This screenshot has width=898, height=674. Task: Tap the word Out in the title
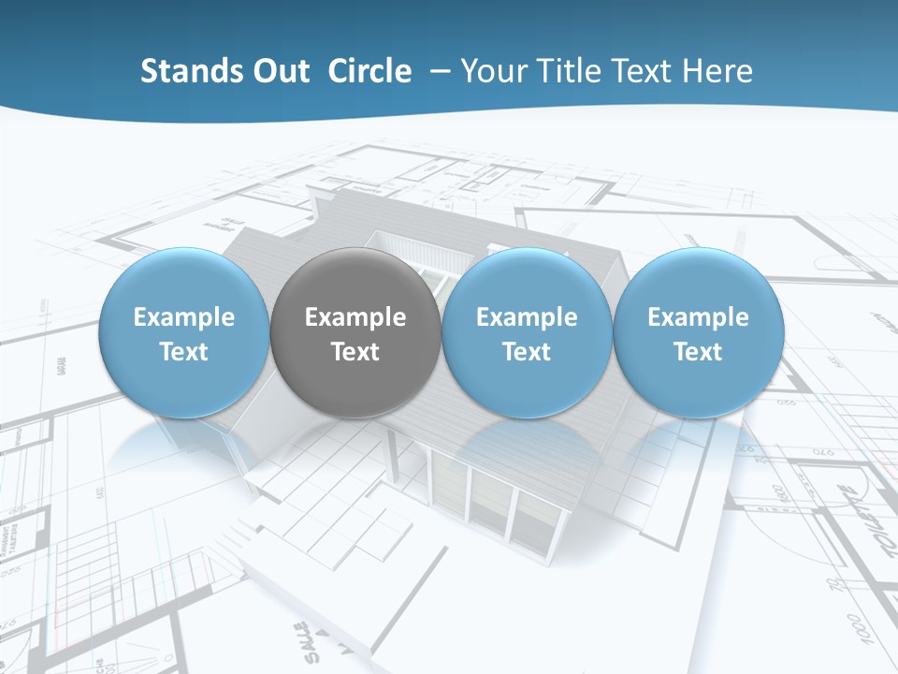[278, 71]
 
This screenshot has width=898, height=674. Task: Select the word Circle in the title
[369, 71]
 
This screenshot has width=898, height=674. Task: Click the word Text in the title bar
[641, 71]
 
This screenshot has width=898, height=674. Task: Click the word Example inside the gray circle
[355, 317]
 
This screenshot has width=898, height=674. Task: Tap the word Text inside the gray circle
[355, 352]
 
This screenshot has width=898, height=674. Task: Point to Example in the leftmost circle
[183, 317]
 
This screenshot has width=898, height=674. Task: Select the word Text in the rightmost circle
[698, 352]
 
